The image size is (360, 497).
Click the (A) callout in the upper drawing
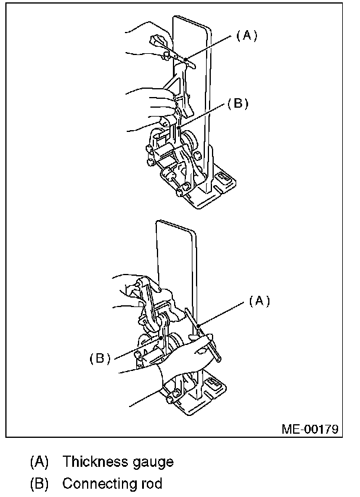click(x=247, y=35)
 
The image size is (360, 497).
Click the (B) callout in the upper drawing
click(x=237, y=104)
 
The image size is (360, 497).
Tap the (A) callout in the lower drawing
click(x=258, y=301)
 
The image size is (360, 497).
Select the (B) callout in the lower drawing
click(x=100, y=359)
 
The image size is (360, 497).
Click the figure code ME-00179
click(x=310, y=428)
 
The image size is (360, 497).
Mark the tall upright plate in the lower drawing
click(x=175, y=248)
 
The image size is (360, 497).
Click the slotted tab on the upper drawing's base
click(x=224, y=177)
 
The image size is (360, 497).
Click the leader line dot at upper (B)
click(x=179, y=126)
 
